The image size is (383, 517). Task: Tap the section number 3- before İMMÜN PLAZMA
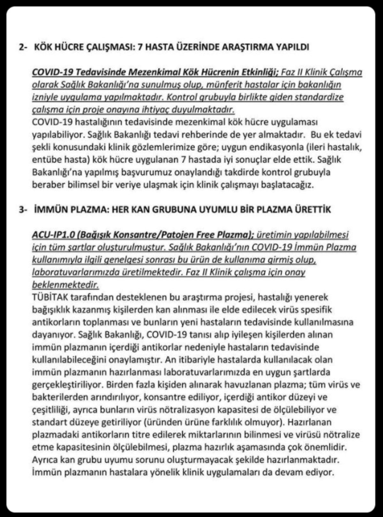24,210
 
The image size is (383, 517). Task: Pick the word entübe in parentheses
44,159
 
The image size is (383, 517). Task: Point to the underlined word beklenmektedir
65,284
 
